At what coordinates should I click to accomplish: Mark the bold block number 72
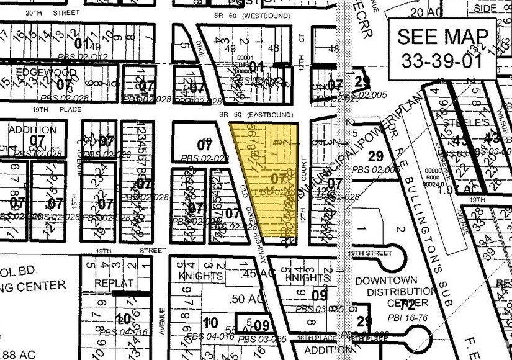408,305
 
